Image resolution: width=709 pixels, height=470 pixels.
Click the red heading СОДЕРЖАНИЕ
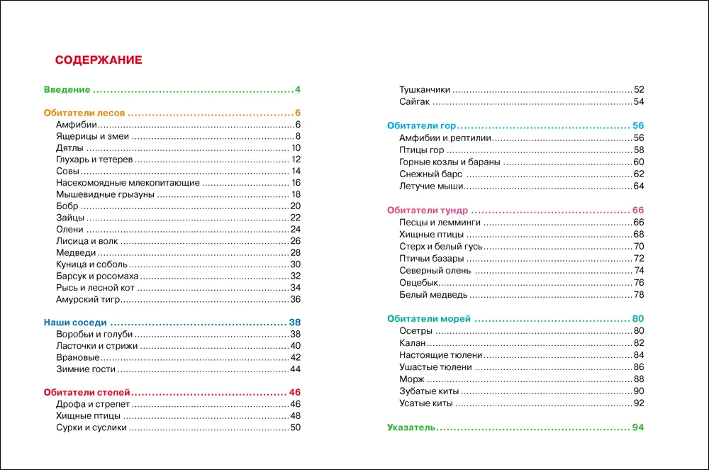pyautogui.click(x=99, y=60)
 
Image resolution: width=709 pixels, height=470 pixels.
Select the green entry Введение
pyautogui.click(x=67, y=90)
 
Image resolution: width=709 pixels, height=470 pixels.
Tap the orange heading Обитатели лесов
pyautogui.click(x=84, y=113)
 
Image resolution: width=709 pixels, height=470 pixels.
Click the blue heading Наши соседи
pyautogui.click(x=72, y=321)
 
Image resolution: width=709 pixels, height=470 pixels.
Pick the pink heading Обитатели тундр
pyautogui.click(x=428, y=211)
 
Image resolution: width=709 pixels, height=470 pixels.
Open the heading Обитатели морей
pyautogui.click(x=429, y=319)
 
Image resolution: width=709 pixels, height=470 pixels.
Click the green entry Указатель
pyautogui.click(x=411, y=427)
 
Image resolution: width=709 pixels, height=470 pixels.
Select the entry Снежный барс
pyautogui.click(x=431, y=174)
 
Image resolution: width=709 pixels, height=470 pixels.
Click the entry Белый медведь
pyautogui.click(x=433, y=294)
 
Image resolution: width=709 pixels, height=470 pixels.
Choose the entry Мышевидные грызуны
pyautogui.click(x=104, y=194)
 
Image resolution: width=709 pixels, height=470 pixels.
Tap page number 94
pyautogui.click(x=637, y=427)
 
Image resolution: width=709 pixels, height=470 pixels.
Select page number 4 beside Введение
pyautogui.click(x=298, y=90)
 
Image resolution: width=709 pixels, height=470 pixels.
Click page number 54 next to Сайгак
pyautogui.click(x=638, y=102)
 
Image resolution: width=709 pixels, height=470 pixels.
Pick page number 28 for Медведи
pyautogui.click(x=296, y=252)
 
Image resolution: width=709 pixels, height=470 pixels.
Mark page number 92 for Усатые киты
pyautogui.click(x=638, y=403)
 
